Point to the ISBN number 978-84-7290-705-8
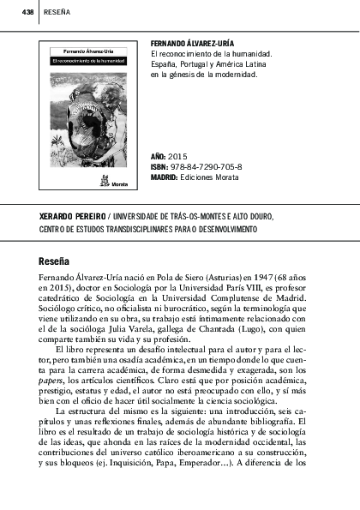click(206, 166)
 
